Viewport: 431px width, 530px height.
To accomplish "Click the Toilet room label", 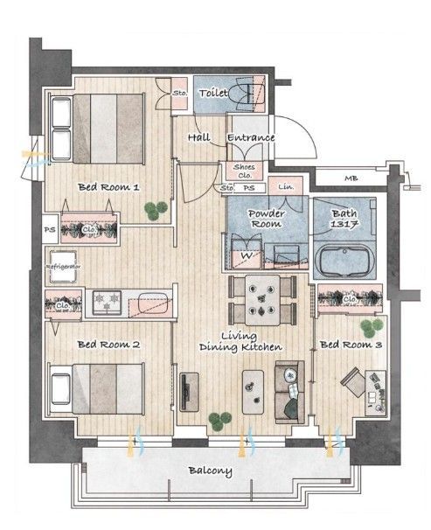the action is click(212, 93).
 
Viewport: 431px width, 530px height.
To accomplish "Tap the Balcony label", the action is click(210, 471).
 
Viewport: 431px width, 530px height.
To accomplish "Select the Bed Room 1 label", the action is click(108, 187).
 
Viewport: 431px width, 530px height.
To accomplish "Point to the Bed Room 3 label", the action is click(351, 345).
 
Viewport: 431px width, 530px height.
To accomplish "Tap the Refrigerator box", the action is click(63, 267).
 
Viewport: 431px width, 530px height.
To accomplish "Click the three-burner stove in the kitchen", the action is click(107, 303).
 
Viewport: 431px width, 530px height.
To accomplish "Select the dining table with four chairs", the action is click(262, 300).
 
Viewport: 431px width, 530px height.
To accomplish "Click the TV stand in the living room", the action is click(189, 392).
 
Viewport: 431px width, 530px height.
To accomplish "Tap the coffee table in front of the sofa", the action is click(253, 392).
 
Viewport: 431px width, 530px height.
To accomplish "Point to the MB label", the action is click(351, 178).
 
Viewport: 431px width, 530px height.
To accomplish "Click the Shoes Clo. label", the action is click(244, 171).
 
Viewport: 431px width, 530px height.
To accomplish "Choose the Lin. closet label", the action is click(286, 186).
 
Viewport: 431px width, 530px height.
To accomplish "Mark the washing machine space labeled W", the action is click(247, 255).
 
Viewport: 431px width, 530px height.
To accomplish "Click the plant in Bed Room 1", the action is click(156, 211).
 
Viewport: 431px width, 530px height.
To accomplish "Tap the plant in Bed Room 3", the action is click(372, 328).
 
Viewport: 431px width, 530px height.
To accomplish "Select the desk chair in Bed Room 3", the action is click(352, 382).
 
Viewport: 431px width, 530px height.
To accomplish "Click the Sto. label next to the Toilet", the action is click(180, 93).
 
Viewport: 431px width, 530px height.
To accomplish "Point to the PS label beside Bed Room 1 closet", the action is click(50, 230).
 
